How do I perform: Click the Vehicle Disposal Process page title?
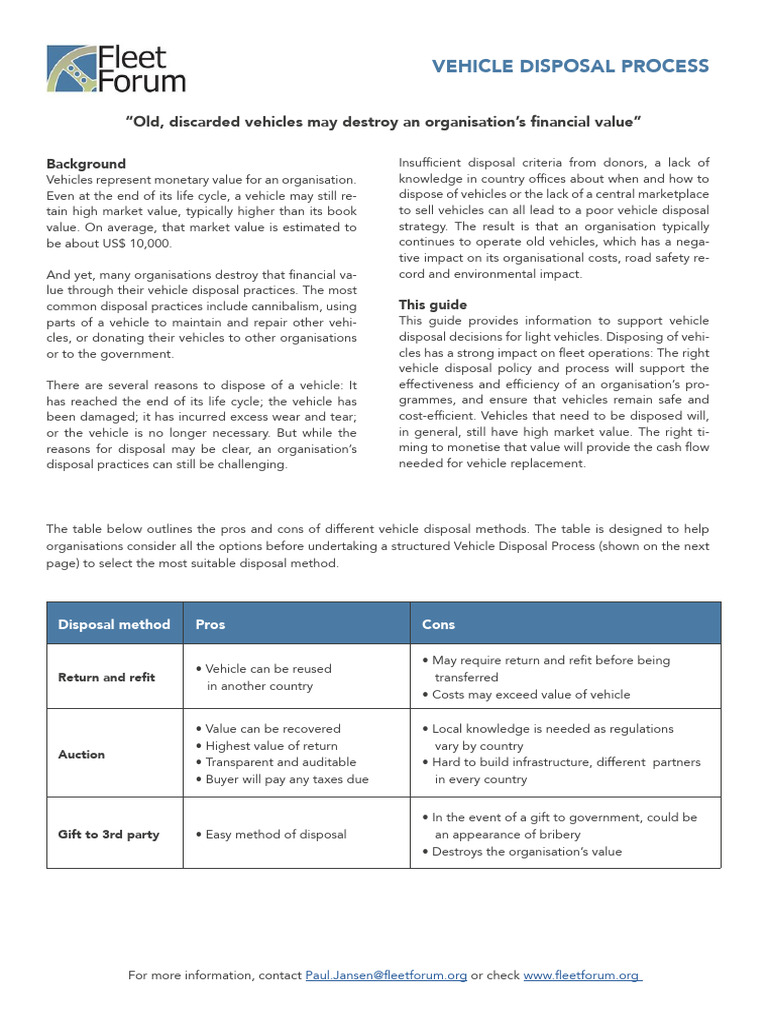tap(570, 67)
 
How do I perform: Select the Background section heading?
tap(86, 164)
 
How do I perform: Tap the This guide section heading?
tap(432, 304)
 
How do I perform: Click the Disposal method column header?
tap(114, 624)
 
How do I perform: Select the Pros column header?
tap(210, 624)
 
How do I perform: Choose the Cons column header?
tap(438, 624)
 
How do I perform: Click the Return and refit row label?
tap(107, 677)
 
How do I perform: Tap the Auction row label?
tap(82, 754)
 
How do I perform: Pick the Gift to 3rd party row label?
tap(109, 834)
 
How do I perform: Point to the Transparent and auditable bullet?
tap(274, 763)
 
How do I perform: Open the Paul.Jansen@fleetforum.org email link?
tap(386, 975)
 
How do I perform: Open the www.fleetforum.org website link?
tap(581, 975)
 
